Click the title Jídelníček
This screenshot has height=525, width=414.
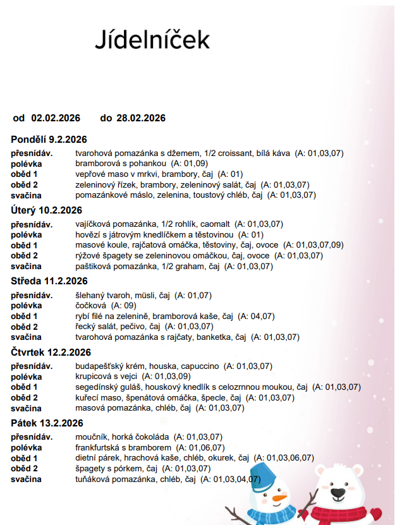(x=152, y=39)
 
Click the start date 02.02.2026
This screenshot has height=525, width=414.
(x=56, y=118)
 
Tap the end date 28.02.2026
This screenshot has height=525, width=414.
(x=141, y=118)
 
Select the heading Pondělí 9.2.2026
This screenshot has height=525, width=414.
(x=49, y=140)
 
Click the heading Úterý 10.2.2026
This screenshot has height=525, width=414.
(x=46, y=210)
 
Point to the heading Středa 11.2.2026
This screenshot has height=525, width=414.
(x=49, y=281)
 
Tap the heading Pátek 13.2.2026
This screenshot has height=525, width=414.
(x=47, y=423)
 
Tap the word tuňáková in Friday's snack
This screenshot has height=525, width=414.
(x=92, y=480)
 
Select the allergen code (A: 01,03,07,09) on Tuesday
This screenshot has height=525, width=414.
(x=314, y=245)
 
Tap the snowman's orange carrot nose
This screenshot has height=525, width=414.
(x=278, y=500)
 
